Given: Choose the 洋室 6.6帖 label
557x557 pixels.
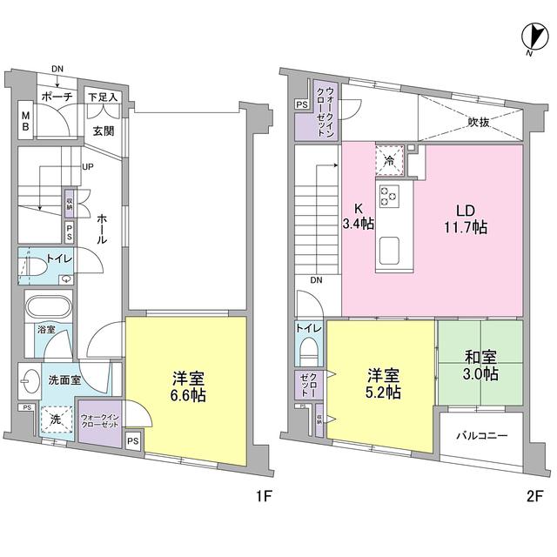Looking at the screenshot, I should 187,386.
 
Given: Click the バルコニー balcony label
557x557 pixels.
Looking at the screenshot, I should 480,438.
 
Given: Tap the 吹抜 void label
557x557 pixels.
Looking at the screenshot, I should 477,123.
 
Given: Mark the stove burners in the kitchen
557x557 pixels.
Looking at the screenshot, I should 387,197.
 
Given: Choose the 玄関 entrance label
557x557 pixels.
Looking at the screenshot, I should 104,131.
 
